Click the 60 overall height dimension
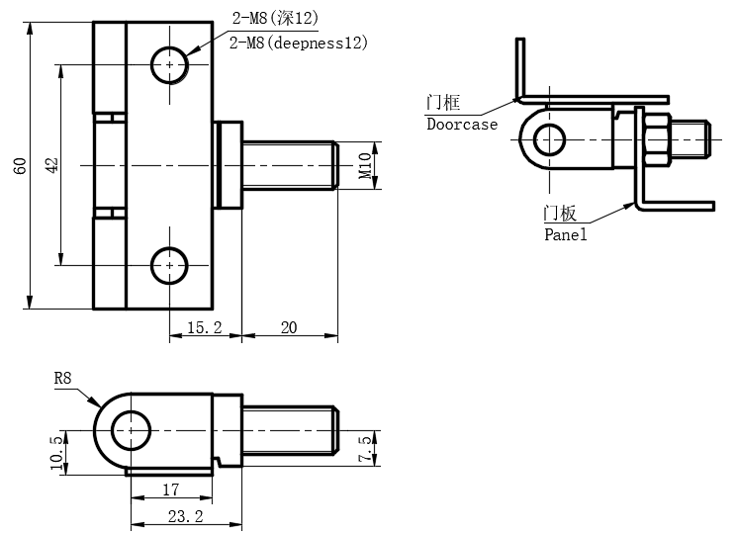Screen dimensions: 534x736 [20, 166]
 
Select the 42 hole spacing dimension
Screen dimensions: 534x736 [51, 165]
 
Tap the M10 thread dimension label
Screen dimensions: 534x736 [364, 164]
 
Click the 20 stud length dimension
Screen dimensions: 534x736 [289, 327]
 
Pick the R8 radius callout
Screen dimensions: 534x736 [63, 379]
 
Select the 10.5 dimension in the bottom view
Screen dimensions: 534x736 [56, 452]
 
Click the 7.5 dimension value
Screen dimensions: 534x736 [365, 450]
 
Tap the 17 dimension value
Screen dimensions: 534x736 [169, 488]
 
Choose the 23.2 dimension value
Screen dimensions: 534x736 [185, 515]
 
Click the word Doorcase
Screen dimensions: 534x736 [461, 125]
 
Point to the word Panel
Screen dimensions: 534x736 [565, 234]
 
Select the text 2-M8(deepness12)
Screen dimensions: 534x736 [298, 43]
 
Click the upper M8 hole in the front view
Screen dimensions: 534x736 [170, 65]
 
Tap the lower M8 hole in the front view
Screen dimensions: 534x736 [170, 265]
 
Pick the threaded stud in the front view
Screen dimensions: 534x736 [289, 164]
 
